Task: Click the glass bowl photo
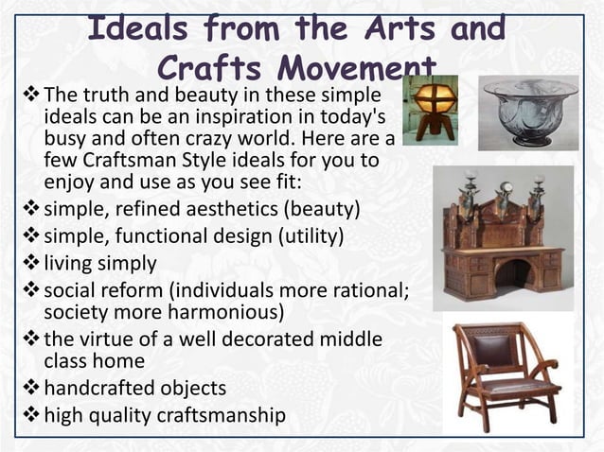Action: coord(529,111)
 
